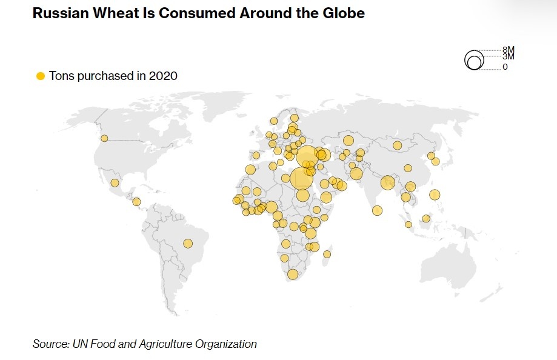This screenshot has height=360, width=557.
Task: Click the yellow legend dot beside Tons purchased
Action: (41, 76)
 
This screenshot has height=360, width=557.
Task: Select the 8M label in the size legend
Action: (508, 50)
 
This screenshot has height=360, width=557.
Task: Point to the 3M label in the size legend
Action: (508, 56)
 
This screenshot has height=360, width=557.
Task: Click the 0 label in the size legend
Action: (505, 67)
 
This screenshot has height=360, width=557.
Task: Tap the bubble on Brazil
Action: (188, 244)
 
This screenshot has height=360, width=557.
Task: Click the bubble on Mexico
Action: (115, 182)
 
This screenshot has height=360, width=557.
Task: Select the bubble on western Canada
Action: (104, 138)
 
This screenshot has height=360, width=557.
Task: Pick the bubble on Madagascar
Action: (327, 254)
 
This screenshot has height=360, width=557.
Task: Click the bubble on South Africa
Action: (293, 275)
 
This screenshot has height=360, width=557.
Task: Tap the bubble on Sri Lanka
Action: (377, 211)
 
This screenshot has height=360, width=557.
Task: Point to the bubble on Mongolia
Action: (397, 145)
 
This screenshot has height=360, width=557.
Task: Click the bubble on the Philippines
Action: (434, 195)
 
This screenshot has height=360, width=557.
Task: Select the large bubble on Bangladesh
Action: (388, 182)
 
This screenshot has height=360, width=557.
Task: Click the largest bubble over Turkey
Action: (307, 156)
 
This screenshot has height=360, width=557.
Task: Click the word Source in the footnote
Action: (51, 344)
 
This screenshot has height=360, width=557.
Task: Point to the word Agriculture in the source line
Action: (168, 344)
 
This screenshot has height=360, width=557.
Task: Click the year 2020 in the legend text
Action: (164, 76)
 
